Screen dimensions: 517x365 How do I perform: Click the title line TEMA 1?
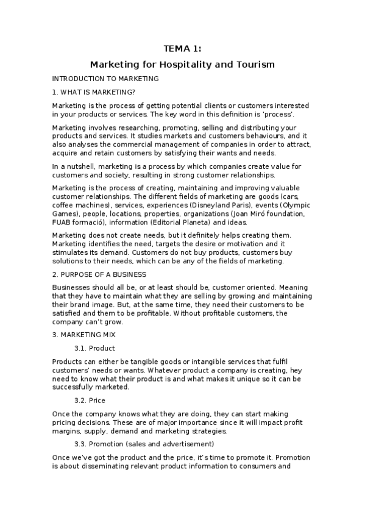click(x=182, y=49)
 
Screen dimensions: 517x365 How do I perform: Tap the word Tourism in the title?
click(x=255, y=64)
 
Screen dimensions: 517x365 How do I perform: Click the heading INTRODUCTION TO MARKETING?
click(x=105, y=79)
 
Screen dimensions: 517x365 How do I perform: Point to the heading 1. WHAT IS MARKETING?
click(x=94, y=92)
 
